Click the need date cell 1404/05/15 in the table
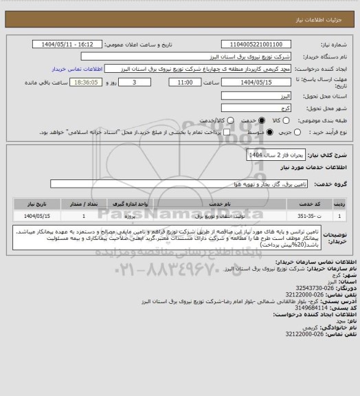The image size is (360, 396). [31, 215]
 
